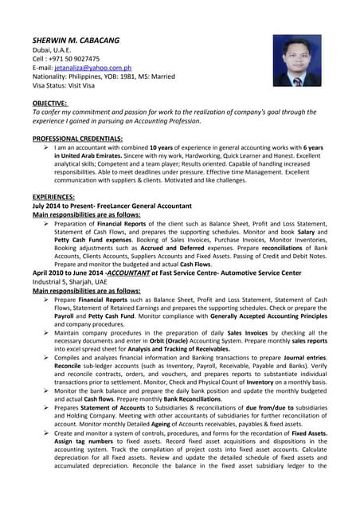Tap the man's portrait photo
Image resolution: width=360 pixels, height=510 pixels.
[297, 61]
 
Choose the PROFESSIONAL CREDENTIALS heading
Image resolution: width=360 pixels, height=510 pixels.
[77, 139]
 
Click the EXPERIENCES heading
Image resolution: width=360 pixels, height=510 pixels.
[53, 197]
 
